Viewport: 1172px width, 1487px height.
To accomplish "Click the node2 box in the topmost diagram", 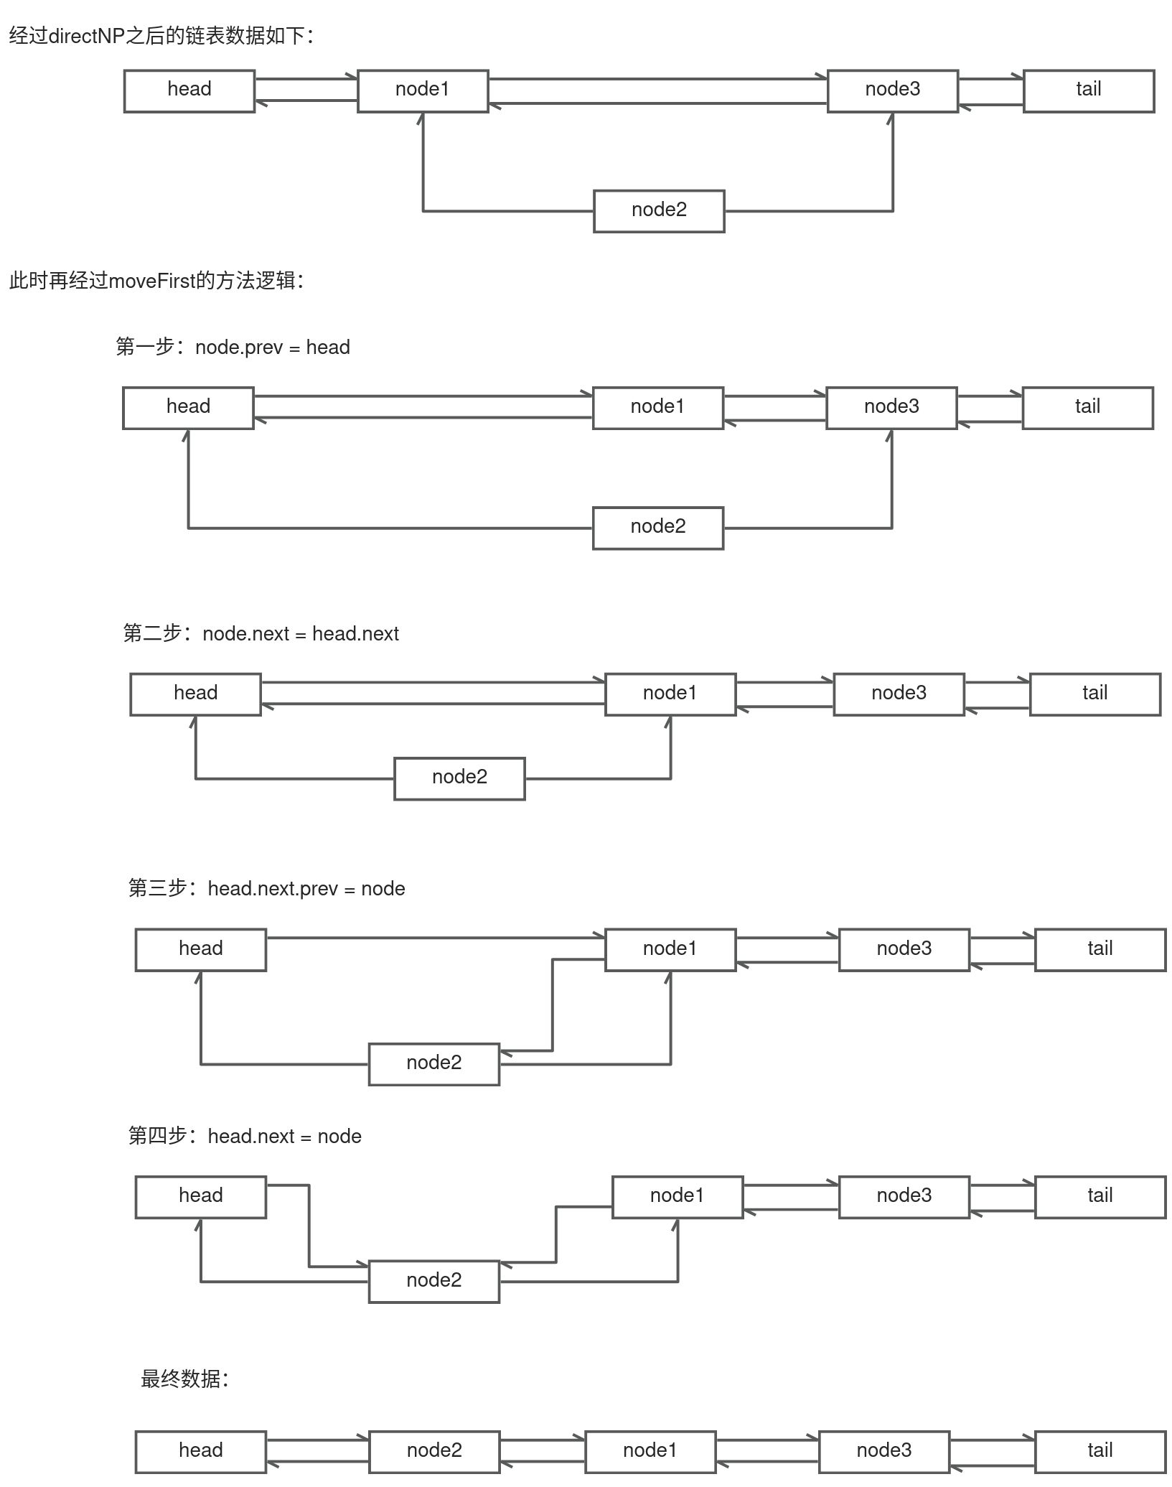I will point(658,210).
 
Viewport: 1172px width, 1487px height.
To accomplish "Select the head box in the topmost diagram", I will point(189,90).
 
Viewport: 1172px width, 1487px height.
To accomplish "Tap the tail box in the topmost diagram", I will point(1088,90).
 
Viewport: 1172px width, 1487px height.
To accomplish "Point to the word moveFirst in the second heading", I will point(151,281).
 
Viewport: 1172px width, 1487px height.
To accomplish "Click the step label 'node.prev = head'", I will point(272,348).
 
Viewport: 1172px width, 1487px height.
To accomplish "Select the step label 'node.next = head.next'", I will point(300,634).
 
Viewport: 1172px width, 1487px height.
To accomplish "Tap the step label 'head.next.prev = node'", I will point(306,889).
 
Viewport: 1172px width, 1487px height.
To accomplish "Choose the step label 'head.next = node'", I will point(284,1137).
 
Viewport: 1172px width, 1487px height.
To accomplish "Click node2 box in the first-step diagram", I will point(657,528).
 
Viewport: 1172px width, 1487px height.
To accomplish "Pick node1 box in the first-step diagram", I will point(657,408).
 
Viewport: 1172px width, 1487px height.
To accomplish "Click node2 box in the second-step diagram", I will point(459,778).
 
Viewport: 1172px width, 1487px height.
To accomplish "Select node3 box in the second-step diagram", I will point(898,694).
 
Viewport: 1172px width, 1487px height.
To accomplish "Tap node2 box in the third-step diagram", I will point(433,1064).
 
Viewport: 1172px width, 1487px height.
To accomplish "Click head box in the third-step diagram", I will point(200,950).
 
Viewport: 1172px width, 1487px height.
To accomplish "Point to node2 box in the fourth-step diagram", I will point(433,1282).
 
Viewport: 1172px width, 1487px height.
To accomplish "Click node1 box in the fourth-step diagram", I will point(677,1197).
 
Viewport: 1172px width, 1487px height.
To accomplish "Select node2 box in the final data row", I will point(433,1451).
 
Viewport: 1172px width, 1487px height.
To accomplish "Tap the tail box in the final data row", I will point(1100,1451).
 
